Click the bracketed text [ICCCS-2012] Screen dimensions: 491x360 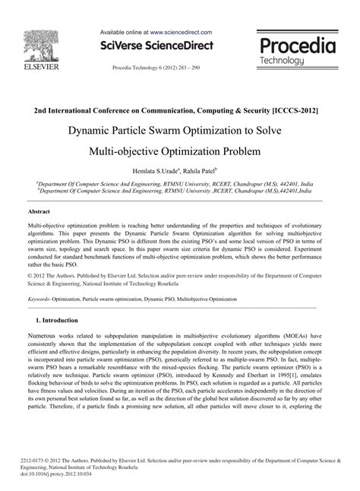(x=289, y=110)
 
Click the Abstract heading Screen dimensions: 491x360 (x=39, y=212)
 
